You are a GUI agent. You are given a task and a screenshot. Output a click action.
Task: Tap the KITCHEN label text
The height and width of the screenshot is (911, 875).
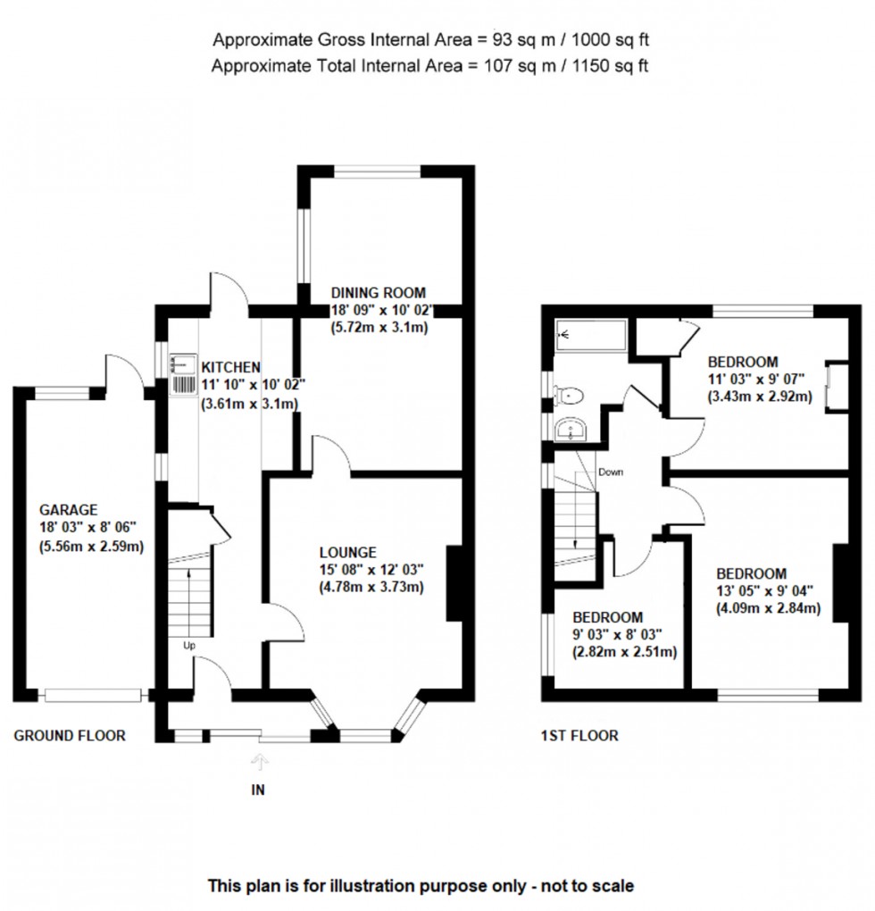230,367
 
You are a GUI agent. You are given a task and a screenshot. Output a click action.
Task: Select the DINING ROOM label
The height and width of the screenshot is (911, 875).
379,292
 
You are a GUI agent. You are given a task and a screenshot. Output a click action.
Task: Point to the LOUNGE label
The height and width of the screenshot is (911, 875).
350,552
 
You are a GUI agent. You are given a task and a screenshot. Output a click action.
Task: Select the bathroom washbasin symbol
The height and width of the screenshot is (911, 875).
569,430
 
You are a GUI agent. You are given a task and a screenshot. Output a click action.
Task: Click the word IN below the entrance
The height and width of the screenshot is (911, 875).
259,790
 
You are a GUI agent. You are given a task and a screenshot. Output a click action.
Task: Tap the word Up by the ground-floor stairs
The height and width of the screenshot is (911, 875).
190,645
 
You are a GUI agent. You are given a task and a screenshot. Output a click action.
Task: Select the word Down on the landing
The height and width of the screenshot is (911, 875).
611,472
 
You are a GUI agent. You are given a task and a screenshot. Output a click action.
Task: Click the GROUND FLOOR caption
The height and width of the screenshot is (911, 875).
70,736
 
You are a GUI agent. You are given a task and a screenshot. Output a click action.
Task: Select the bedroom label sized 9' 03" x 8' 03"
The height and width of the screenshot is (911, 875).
607,617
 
